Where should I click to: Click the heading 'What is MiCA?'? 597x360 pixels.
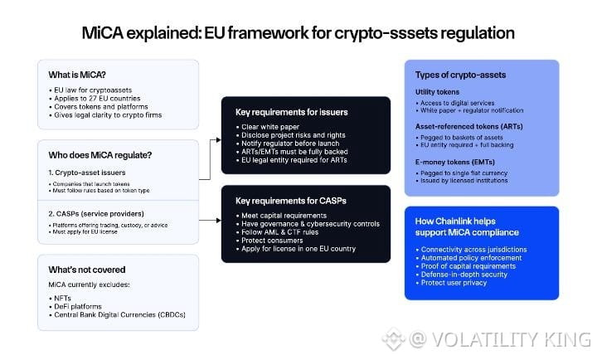77,75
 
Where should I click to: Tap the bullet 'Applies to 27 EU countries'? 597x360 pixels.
97,98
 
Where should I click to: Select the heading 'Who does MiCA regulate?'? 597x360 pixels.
100,155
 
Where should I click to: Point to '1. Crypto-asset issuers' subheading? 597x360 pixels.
87,173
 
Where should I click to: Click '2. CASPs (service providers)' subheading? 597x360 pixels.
96,214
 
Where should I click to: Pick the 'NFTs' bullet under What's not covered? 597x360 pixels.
62,298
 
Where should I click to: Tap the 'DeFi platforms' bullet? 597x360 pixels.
78,306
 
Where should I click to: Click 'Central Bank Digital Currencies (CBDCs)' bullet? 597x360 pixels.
119,314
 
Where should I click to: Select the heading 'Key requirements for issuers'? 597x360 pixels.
292,112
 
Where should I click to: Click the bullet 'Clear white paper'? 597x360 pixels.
270,127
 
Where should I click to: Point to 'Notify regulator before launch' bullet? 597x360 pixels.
290,144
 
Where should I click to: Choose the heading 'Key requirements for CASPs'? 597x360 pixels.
291,201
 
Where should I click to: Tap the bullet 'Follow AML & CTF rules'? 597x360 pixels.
280,232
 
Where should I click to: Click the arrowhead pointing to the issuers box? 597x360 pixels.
219,140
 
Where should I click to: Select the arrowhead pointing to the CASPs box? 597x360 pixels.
219,220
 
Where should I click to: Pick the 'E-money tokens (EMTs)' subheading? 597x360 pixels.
455,163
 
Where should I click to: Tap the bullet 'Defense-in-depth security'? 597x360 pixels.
464,275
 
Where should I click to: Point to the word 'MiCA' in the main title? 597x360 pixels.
103,33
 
